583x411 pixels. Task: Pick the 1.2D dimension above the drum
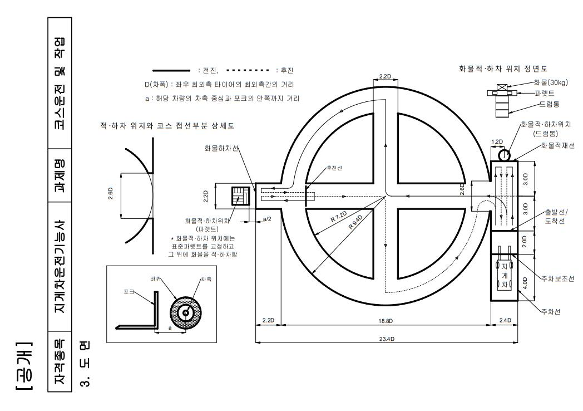coord(496,142)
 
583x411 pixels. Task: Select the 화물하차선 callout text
coord(221,149)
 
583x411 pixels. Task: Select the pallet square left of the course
coord(240,195)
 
